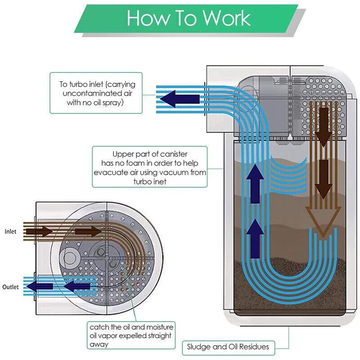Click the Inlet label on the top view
[x=11, y=232]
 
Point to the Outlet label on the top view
[x=11, y=287]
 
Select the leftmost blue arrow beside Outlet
[x=36, y=286]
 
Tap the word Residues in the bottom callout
[x=254, y=346]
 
